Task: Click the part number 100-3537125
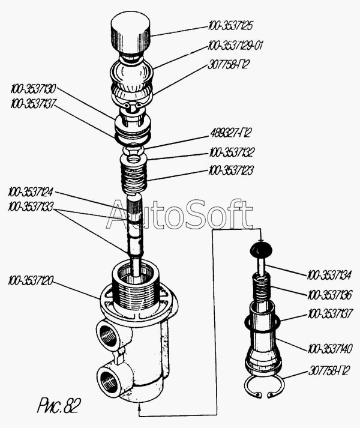click(x=230, y=26)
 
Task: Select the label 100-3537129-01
click(x=235, y=45)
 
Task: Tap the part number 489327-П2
click(x=230, y=133)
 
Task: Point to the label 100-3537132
click(x=232, y=152)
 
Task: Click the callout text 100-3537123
click(x=231, y=170)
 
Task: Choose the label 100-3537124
click(x=31, y=192)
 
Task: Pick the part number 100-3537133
click(x=31, y=206)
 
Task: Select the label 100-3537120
click(x=31, y=280)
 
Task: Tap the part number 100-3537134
click(x=329, y=275)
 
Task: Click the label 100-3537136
click(x=330, y=295)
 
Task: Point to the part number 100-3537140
click(x=330, y=349)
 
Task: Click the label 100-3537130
click(x=33, y=89)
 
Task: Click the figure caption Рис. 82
click(x=59, y=406)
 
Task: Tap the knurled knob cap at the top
click(x=130, y=35)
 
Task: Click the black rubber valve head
click(x=262, y=249)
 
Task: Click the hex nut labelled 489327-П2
click(x=133, y=149)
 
